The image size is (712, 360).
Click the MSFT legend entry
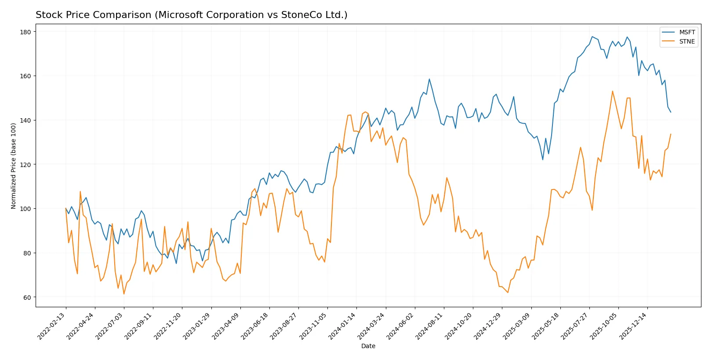click(687, 32)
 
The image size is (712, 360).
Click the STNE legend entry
click(687, 41)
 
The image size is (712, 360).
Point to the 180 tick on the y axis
click(25, 32)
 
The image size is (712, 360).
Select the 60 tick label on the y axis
click(27, 298)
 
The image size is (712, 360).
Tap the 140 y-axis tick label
click(25, 120)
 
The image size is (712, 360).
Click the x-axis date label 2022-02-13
click(52, 326)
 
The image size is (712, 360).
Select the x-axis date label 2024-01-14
click(342, 326)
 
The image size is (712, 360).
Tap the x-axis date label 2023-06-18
click(255, 326)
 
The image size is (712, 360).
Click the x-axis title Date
click(368, 346)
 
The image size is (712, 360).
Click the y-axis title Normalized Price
click(13, 166)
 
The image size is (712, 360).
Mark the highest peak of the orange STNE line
click(612, 91)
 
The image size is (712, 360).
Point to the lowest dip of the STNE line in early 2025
click(508, 293)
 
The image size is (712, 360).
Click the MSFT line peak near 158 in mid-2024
click(429, 79)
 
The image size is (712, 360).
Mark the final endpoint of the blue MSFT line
click(671, 112)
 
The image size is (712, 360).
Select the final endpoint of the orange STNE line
click(671, 134)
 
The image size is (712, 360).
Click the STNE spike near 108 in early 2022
click(80, 191)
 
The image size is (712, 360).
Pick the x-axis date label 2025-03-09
click(517, 326)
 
